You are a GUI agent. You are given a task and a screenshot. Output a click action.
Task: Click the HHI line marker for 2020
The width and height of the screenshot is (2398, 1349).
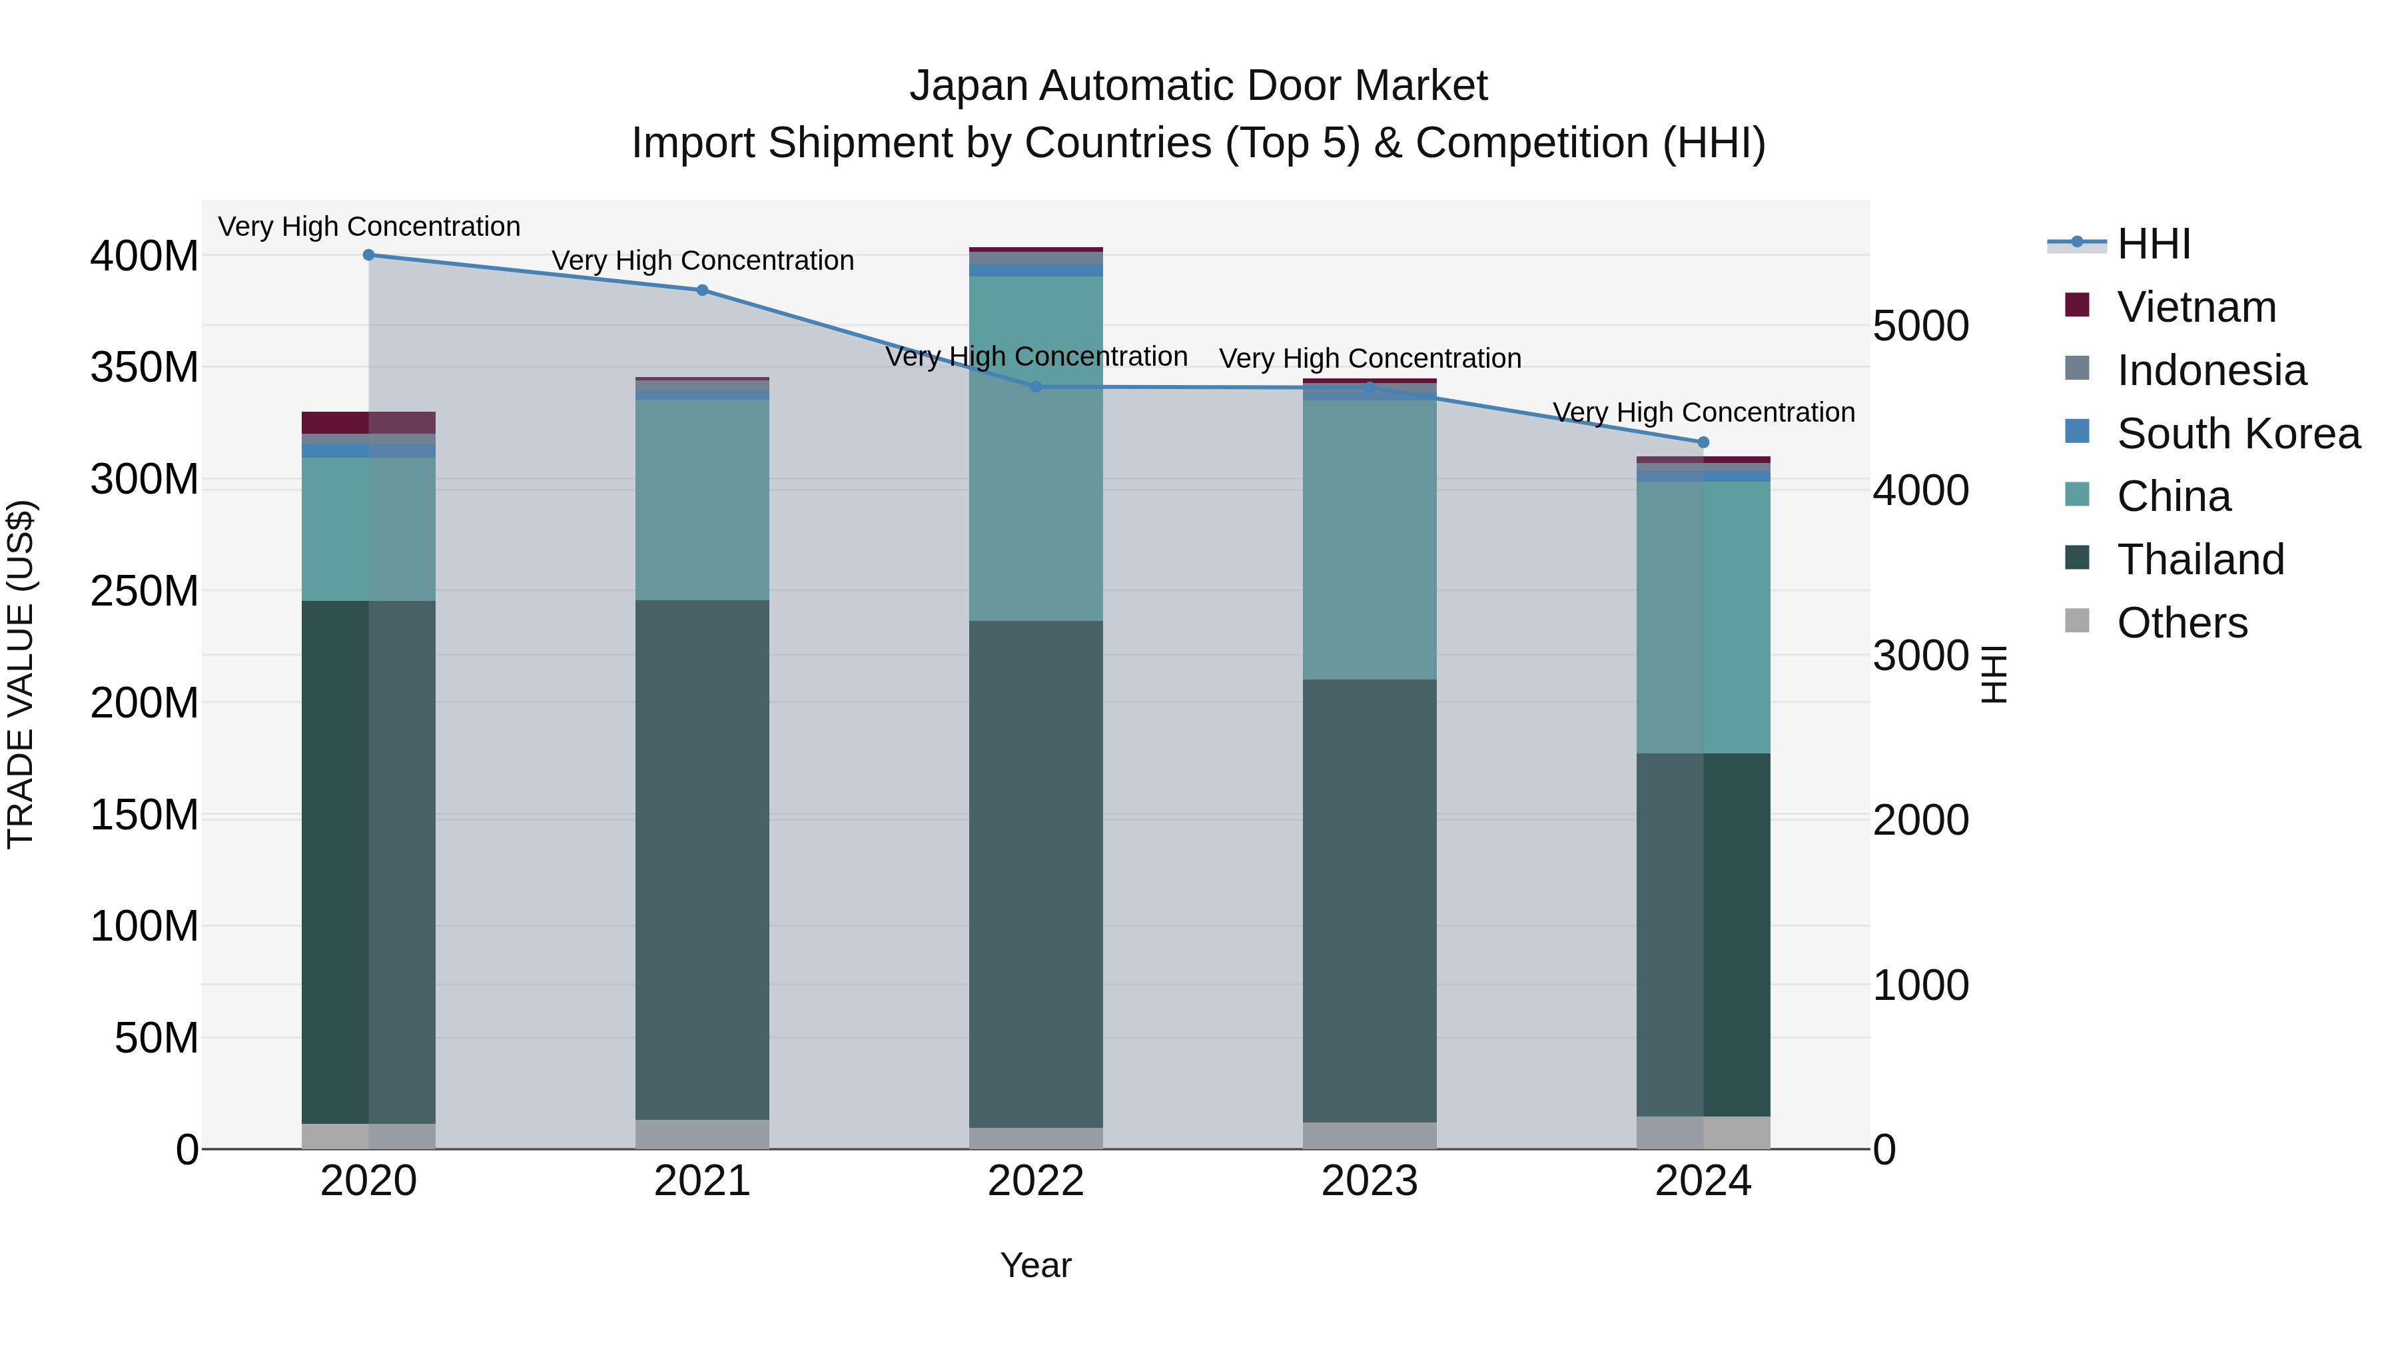pos(368,255)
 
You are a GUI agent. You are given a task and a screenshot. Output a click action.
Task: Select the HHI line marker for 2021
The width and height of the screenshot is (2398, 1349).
pos(702,290)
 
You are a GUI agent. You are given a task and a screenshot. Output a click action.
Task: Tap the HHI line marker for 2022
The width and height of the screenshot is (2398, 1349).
pos(1036,387)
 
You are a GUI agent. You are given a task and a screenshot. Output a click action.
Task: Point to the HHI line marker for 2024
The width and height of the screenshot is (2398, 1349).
pos(1703,443)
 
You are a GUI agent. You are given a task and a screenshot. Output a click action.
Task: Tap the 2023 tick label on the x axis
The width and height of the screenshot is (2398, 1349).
pos(1370,1181)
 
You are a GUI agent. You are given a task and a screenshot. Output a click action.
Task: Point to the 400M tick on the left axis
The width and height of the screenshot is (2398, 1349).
pos(145,256)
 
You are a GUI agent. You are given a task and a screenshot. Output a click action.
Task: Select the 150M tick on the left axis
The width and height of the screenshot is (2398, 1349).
pos(145,815)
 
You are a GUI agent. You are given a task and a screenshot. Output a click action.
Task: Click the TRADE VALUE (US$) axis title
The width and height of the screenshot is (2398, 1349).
pos(21,674)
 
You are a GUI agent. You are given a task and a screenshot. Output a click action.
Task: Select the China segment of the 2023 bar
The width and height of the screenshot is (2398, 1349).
pos(1370,540)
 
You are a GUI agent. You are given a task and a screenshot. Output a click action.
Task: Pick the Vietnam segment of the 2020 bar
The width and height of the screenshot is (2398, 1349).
pos(368,422)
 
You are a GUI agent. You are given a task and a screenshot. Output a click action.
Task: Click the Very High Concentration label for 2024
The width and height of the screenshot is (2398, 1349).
pos(1703,412)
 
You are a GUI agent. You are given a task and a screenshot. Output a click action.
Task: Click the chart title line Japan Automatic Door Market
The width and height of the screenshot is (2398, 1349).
pos(1198,86)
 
